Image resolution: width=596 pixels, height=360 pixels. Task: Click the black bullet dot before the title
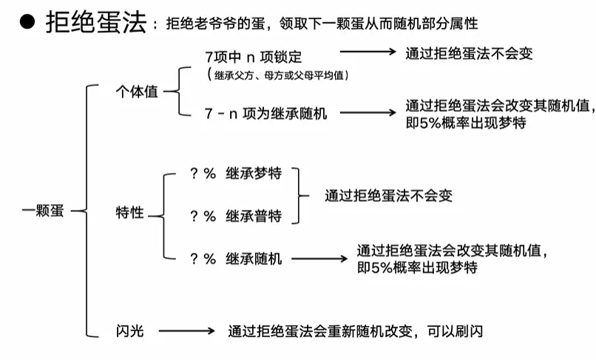click(x=27, y=21)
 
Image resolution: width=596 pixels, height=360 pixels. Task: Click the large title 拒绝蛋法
click(x=96, y=22)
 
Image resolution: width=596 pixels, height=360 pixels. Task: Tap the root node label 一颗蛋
click(x=43, y=211)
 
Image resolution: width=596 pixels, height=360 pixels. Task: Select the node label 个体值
click(x=137, y=92)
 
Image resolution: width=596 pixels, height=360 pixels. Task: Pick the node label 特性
click(x=129, y=212)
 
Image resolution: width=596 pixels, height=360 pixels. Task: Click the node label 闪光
click(x=129, y=331)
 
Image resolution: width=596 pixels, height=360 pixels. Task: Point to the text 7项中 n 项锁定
click(x=254, y=57)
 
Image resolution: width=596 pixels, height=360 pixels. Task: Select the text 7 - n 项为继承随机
click(x=265, y=113)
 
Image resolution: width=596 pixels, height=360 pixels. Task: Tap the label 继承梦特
click(x=254, y=174)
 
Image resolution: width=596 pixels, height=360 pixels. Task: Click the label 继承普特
click(x=254, y=216)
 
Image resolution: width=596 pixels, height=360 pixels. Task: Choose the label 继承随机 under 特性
click(x=254, y=259)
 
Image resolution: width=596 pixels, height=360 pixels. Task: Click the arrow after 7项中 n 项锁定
click(x=368, y=52)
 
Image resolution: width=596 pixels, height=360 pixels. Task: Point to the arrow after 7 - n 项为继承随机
click(x=368, y=112)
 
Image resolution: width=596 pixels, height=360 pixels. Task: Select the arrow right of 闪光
click(x=186, y=331)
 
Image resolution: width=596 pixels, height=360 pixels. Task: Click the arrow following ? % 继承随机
click(x=319, y=259)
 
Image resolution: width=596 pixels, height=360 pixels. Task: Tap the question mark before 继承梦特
click(x=194, y=174)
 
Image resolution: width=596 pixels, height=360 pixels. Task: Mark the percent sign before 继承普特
click(x=209, y=217)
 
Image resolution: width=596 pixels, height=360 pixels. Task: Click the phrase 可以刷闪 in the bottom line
click(x=455, y=331)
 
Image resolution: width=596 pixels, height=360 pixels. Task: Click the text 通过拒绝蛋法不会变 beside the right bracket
click(x=388, y=196)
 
